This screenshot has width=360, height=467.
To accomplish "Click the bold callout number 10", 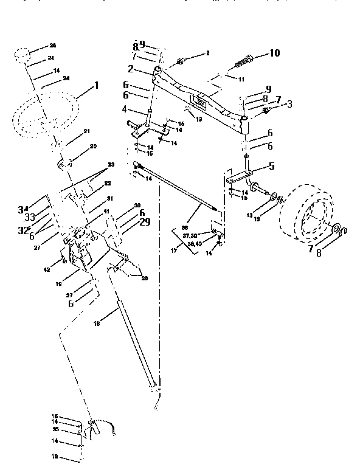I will (x=274, y=54).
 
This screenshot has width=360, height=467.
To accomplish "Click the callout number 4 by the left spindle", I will (x=124, y=109).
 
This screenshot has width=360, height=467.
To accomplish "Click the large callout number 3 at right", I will (x=289, y=105).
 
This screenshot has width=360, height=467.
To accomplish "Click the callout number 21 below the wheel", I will (x=87, y=131).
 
